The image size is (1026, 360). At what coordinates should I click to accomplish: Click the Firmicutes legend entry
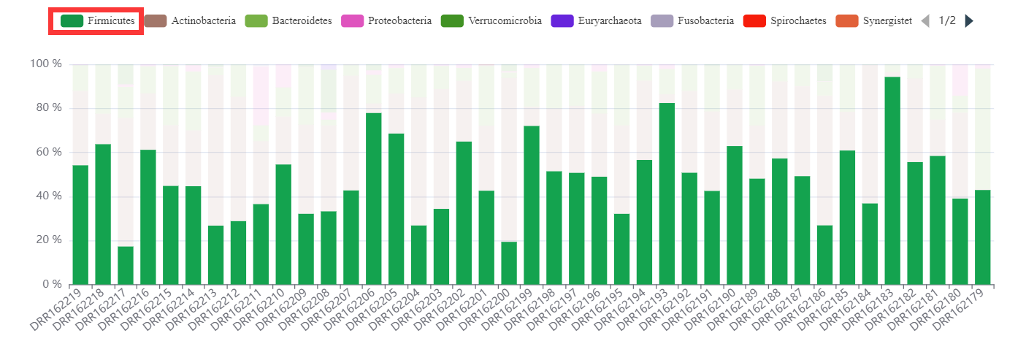click(x=93, y=21)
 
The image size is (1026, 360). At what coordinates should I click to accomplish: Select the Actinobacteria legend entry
click(x=191, y=21)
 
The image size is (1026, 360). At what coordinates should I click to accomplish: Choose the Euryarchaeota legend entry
click(x=595, y=21)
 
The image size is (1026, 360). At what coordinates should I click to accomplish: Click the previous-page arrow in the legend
click(x=925, y=21)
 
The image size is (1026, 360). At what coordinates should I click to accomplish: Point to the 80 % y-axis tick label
click(x=46, y=108)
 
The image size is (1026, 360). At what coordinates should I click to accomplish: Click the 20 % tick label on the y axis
click(x=46, y=240)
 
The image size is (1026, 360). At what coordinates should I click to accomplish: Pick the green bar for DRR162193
click(x=667, y=194)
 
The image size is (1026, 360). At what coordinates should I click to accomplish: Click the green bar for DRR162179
click(x=982, y=237)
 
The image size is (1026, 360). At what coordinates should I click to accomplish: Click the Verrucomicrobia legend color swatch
click(x=452, y=21)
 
